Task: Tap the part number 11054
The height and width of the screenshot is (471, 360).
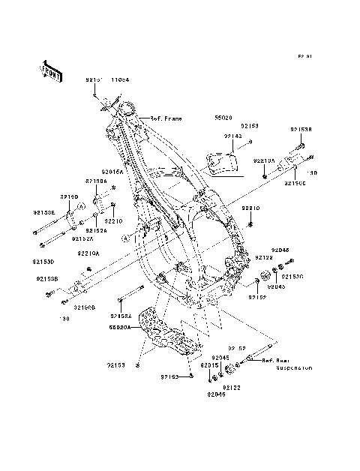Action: coord(120,79)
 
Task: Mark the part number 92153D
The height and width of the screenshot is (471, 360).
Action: coord(43,262)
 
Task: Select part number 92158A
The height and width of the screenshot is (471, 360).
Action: coord(121,316)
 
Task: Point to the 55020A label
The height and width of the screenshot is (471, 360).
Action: coord(120,327)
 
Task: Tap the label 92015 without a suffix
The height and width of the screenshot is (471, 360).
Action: coord(209,365)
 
